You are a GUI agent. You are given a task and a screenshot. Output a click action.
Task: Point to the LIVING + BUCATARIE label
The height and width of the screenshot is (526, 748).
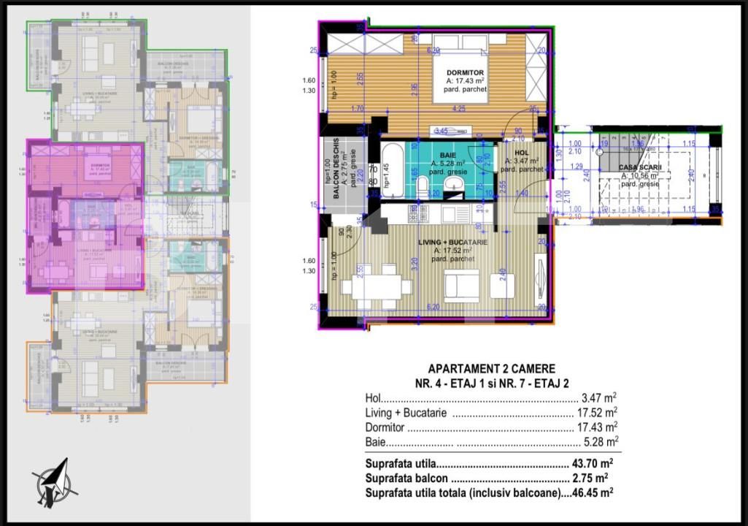452,242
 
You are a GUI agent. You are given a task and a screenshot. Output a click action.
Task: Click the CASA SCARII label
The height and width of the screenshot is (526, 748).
639,167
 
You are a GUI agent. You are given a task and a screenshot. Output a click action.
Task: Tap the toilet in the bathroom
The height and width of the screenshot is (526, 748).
423,189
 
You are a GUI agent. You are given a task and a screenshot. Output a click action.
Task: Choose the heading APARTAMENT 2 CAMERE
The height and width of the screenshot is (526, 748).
490,369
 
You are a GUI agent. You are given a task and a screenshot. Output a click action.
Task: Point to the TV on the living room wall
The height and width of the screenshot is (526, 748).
539,279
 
